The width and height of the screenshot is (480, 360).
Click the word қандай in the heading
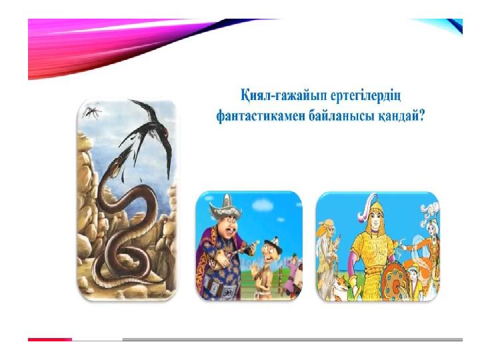[x=399, y=116]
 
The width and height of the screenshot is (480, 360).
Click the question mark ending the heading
[x=422, y=116]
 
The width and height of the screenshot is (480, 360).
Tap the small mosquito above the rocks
[x=91, y=112]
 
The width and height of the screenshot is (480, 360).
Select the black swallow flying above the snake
[x=150, y=135]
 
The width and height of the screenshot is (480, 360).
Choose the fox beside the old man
[x=341, y=285]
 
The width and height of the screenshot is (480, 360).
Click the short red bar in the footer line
[x=50, y=339]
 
